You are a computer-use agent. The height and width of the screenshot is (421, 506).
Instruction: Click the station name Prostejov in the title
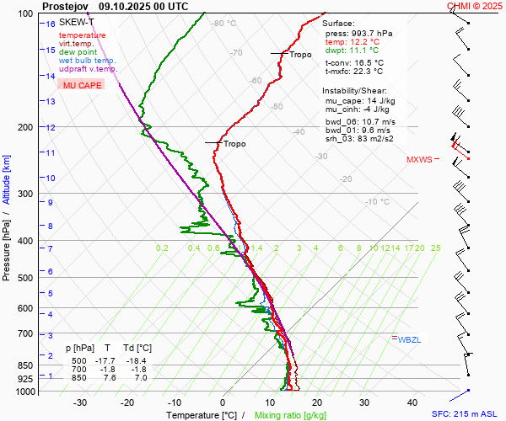pos(67,5)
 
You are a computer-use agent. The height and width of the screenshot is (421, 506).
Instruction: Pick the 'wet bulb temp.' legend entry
pos(88,61)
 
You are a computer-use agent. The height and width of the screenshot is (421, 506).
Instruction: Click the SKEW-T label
pos(77,22)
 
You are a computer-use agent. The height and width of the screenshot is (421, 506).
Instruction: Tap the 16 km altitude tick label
pos(51,24)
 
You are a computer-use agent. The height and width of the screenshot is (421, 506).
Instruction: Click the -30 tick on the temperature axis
pos(80,402)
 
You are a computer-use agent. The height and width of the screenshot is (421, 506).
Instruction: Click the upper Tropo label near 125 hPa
pos(300,55)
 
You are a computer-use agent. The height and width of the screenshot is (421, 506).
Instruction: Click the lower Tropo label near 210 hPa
pos(234,144)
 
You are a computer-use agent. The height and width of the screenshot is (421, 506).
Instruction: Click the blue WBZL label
pos(408,339)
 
